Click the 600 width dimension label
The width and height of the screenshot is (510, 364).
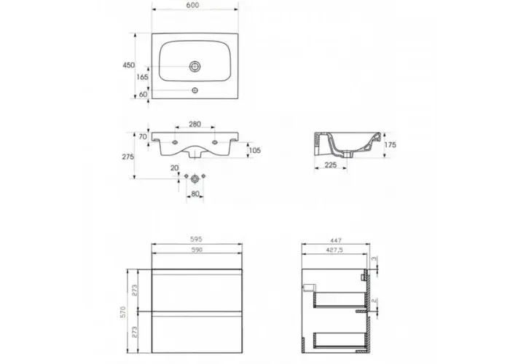tap(193, 5)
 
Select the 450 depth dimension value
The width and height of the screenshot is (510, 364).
tap(128, 66)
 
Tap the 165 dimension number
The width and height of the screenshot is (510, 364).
tap(142, 77)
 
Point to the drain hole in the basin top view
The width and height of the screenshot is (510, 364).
tap(195, 67)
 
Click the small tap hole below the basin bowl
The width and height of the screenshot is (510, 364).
tap(195, 90)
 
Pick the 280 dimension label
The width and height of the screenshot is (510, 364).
tap(195, 124)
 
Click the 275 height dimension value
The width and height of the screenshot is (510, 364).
tap(127, 157)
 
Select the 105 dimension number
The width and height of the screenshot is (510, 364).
tap(255, 151)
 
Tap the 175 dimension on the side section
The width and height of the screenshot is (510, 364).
tap(391, 145)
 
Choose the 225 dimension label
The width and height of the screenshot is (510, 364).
tap(331, 165)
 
